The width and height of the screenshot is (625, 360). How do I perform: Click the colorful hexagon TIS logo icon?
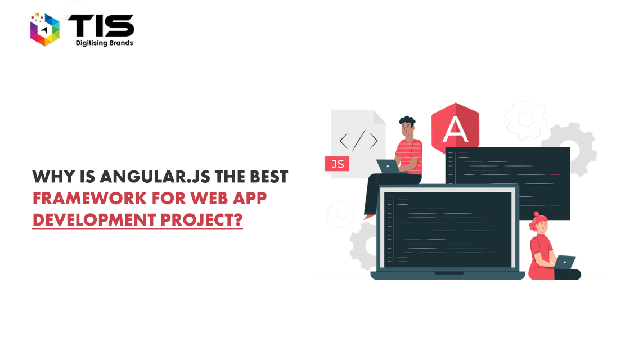[x=44, y=29]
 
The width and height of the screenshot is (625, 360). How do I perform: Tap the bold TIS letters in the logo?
[x=101, y=26]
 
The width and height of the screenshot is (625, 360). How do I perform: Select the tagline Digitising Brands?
[x=105, y=43]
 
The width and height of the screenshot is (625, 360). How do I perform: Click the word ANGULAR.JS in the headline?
[x=155, y=177]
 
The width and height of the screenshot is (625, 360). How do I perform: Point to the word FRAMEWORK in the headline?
[x=89, y=198]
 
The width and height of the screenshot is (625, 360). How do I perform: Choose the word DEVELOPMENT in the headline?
[x=94, y=220]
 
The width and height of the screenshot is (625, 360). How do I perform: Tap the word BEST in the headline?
[x=269, y=177]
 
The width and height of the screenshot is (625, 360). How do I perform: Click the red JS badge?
[x=337, y=164]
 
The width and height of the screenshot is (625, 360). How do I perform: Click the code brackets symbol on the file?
[x=358, y=140]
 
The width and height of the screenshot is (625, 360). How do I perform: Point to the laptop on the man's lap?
[x=388, y=166]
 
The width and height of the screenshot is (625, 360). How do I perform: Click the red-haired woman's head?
[x=539, y=224]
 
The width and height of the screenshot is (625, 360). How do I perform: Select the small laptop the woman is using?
[x=565, y=262]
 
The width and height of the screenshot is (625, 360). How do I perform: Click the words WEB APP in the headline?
[x=228, y=198]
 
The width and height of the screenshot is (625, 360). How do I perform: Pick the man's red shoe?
[x=369, y=217]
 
